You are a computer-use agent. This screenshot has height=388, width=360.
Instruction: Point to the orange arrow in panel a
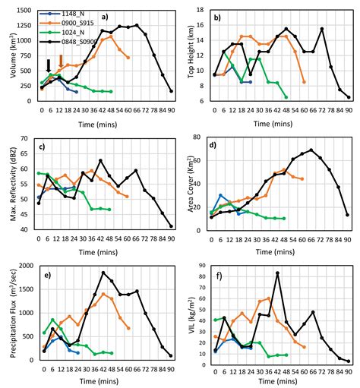pos(62,71)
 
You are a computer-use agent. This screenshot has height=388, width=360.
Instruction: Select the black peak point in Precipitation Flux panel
pos(103,273)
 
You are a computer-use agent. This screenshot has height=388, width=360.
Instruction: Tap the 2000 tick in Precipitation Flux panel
pos(29,267)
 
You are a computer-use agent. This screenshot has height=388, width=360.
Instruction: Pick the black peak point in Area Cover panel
pos(311,150)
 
